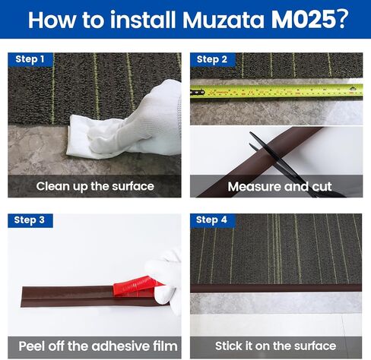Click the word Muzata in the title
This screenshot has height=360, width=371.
point(224,20)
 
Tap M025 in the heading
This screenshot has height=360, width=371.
point(303,19)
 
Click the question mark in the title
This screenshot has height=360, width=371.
point(342,19)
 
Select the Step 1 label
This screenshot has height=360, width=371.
point(30,59)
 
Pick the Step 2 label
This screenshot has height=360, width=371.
point(212,59)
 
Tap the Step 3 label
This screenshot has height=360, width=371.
point(30,220)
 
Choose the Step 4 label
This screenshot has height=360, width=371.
point(212,220)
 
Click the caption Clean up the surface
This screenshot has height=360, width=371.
point(95,187)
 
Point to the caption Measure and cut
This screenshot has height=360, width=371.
point(280,187)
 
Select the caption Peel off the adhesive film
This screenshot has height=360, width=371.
point(98,346)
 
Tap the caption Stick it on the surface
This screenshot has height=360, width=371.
point(275,346)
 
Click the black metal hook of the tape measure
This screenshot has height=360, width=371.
point(198,93)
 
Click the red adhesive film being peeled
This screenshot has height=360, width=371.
point(135,286)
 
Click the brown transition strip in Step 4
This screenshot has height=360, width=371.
point(276,289)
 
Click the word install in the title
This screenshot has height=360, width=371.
point(144,19)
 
